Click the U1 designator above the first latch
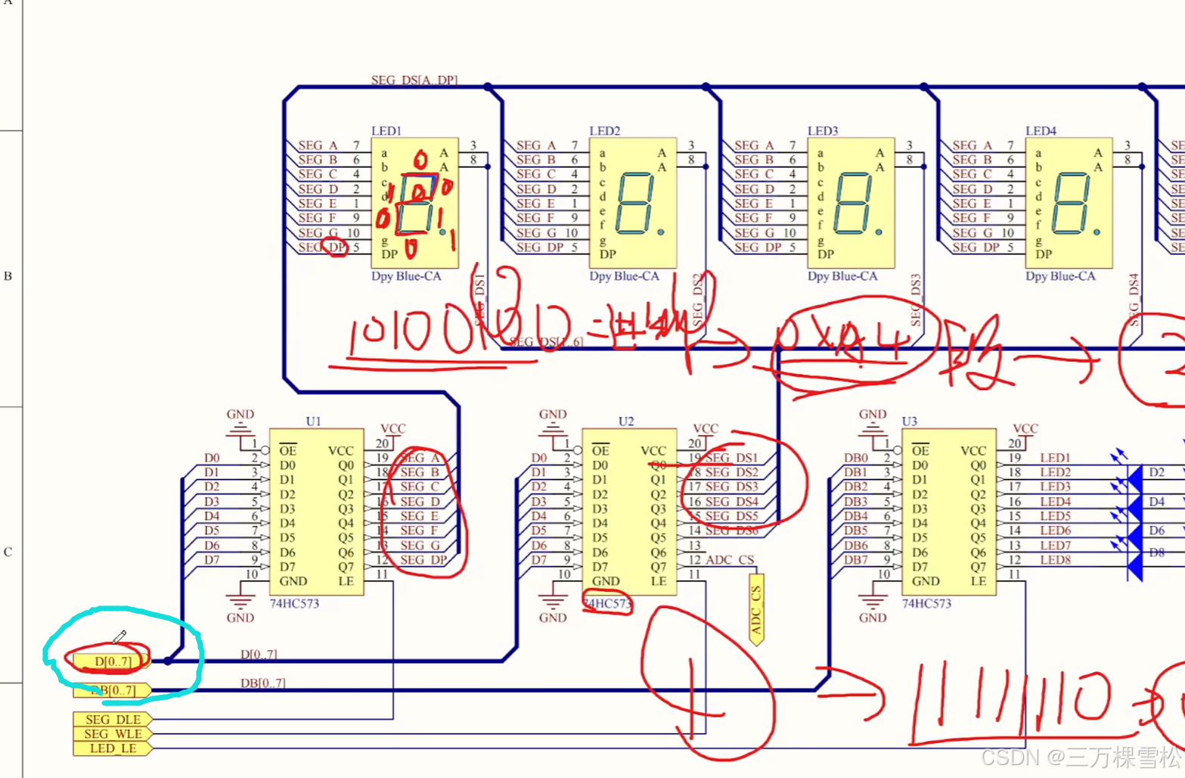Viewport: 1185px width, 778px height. click(313, 421)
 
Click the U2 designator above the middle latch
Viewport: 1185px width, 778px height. click(625, 421)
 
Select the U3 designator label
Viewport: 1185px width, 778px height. click(909, 421)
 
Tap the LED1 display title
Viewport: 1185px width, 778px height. click(386, 131)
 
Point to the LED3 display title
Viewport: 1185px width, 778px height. click(823, 131)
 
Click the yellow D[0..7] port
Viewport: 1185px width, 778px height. click(112, 661)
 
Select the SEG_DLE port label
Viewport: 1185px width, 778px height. click(113, 720)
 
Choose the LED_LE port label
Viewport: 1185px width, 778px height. click(113, 748)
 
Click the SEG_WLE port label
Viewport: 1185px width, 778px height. click(113, 734)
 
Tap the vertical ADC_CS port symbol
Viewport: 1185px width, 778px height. click(756, 610)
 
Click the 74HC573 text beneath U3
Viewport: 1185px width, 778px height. click(926, 603)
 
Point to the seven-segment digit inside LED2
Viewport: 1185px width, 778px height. click(634, 203)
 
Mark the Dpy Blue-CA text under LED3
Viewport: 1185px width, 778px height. click(842, 276)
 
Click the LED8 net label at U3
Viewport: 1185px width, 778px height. click(1055, 560)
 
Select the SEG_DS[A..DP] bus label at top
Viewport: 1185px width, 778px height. click(414, 80)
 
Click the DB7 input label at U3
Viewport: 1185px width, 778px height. click(856, 560)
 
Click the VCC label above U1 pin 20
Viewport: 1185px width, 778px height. click(393, 428)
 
